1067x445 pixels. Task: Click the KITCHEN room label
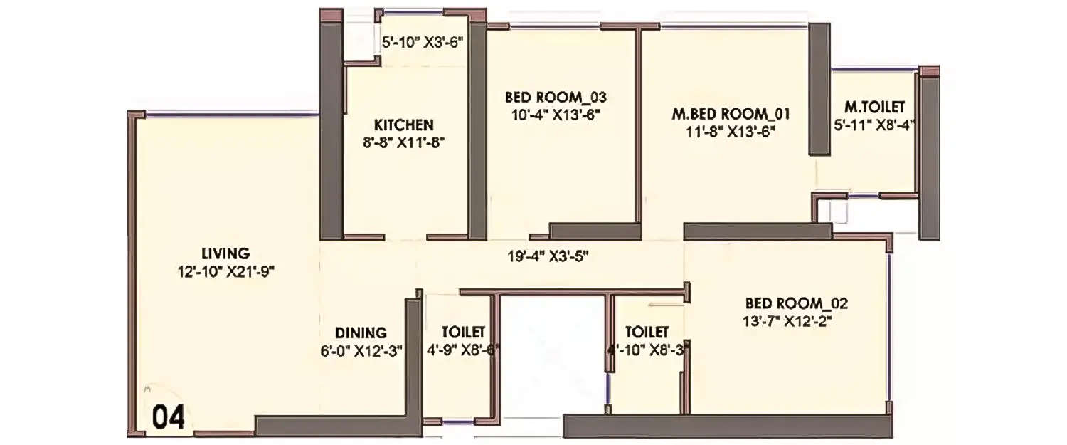(403, 125)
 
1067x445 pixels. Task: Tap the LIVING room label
(225, 253)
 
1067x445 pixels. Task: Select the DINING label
(361, 333)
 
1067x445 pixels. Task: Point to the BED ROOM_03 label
(556, 97)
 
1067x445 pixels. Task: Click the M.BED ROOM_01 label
(731, 114)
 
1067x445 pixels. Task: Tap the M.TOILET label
(874, 108)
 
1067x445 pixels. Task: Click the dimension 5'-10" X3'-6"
(423, 43)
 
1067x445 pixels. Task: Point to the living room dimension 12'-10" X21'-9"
(225, 271)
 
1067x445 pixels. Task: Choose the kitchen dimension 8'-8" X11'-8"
(403, 142)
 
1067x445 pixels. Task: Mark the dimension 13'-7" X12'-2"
(787, 321)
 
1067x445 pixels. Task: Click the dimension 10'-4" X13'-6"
(556, 114)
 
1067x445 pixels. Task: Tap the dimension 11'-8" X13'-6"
(731, 131)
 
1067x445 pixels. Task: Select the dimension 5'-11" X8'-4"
(874, 125)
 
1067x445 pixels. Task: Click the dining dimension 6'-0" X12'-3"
(361, 350)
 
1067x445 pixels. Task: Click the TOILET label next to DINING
(463, 333)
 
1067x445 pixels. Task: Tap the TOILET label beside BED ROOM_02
(647, 333)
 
